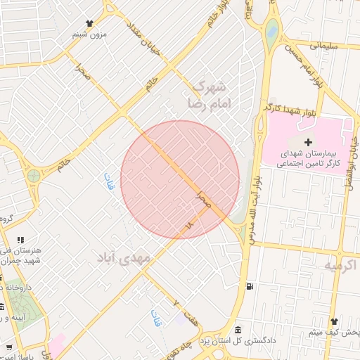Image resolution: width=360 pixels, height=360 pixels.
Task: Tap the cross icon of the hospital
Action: click(x=308, y=143)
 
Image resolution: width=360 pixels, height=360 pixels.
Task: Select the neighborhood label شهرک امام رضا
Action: click(x=210, y=94)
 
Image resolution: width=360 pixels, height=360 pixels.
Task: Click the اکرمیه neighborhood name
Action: click(x=341, y=265)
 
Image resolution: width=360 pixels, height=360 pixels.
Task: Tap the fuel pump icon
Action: click(x=250, y=285)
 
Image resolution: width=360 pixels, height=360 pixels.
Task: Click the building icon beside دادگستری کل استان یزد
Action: click(x=238, y=330)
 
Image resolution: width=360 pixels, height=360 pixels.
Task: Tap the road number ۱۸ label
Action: click(x=188, y=226)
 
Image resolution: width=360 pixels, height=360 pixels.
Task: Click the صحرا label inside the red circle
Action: click(x=205, y=198)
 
